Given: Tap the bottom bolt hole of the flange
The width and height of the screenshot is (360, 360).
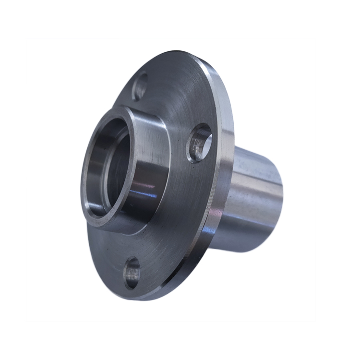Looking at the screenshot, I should click(132, 273).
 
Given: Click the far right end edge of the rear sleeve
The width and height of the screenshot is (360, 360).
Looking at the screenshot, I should click(281, 192).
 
